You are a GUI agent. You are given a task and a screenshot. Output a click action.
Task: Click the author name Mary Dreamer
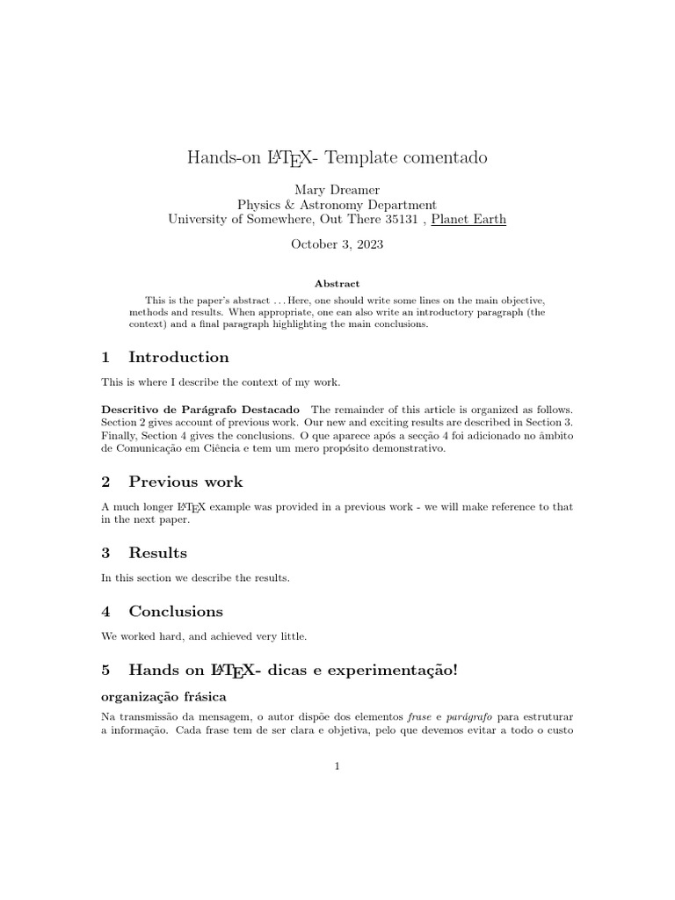[337, 189]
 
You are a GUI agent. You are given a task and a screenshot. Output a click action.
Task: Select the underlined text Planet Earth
[468, 219]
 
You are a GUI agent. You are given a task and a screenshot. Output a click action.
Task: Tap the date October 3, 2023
[337, 245]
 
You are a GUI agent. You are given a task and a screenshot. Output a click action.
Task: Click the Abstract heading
[337, 284]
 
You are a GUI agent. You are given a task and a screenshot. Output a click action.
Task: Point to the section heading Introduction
[178, 357]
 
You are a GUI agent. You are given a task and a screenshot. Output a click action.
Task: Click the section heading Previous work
[185, 482]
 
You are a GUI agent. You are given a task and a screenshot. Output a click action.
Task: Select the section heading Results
[157, 553]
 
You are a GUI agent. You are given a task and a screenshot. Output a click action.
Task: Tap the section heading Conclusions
[176, 611]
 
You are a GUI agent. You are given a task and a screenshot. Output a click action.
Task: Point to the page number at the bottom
[337, 766]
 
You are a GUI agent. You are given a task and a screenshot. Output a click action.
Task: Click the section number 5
[106, 670]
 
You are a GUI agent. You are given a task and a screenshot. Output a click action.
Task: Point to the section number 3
[106, 553]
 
